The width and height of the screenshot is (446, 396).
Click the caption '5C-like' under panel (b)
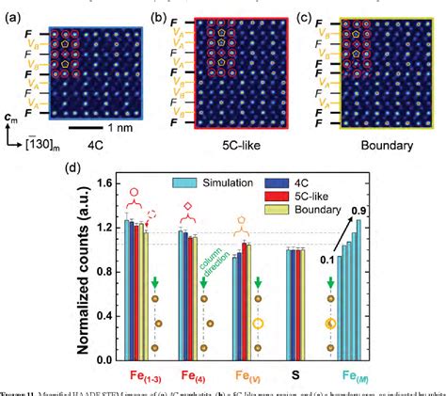tap(215, 147)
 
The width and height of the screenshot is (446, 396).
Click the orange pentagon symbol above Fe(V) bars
tap(242, 214)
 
